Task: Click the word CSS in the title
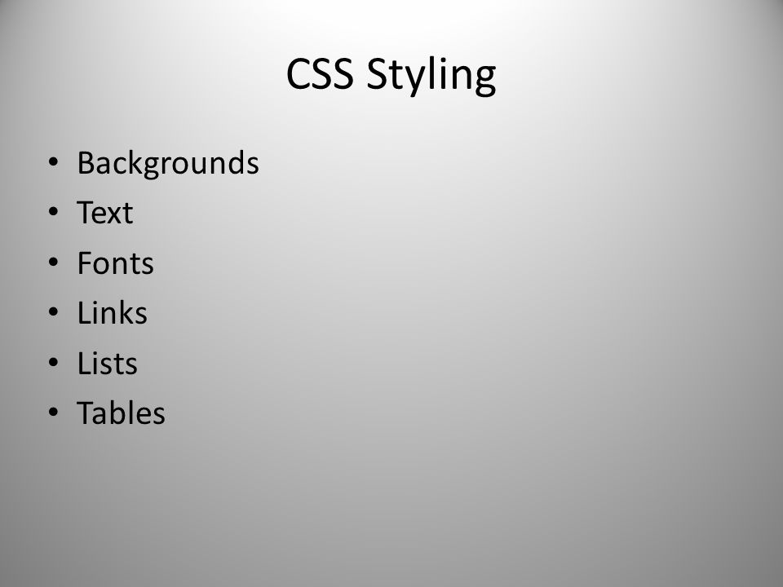coord(320,73)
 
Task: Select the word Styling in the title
coord(431,75)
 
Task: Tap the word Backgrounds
coord(168,163)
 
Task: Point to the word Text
coord(105,212)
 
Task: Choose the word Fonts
coord(115,263)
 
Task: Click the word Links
coord(113,312)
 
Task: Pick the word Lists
coord(108,363)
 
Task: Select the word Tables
coord(121,413)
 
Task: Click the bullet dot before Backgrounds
coord(54,161)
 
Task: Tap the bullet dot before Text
coord(54,212)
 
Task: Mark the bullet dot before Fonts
coord(54,262)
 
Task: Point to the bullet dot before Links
coord(54,312)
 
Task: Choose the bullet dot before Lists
coord(54,362)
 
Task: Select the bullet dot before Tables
coord(54,413)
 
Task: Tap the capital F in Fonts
coord(85,263)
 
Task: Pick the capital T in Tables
coord(85,413)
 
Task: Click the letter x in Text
coord(113,215)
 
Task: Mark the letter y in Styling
coord(404,80)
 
